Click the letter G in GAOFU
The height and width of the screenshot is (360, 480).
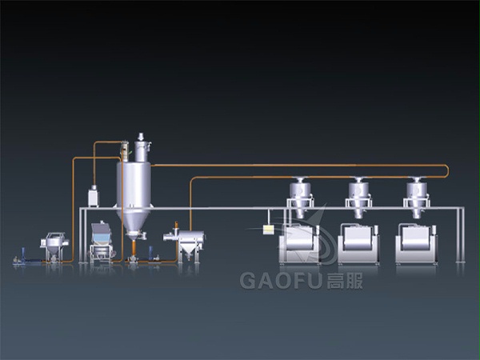(x=247, y=281)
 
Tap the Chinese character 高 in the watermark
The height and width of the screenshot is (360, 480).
(x=335, y=281)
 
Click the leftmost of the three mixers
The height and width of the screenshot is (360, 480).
(x=298, y=244)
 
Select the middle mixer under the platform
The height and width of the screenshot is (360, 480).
(x=358, y=244)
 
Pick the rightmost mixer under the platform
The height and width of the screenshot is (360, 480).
(x=416, y=244)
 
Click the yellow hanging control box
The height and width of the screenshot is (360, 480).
(x=268, y=230)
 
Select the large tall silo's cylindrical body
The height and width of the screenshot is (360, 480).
(x=134, y=186)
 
